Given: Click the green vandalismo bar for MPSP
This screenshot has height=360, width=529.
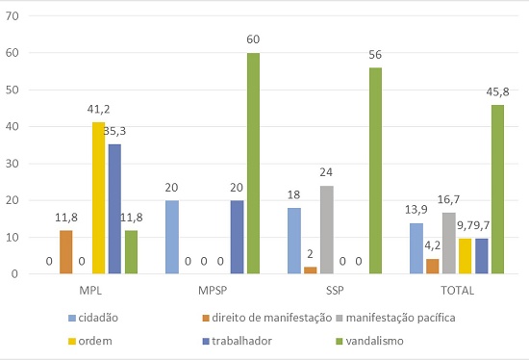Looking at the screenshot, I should pos(253,164).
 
